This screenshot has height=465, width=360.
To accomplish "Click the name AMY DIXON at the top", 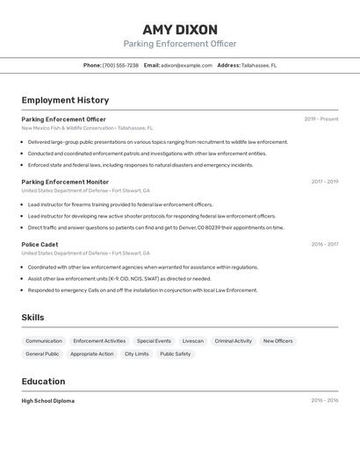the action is coord(179,29).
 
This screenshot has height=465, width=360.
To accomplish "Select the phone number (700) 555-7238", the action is coord(120,65).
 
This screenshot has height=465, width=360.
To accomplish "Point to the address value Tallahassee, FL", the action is coord(259,65).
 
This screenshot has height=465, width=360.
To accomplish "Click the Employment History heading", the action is coord(65,100).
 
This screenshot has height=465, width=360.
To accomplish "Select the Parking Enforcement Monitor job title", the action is coord(65,182).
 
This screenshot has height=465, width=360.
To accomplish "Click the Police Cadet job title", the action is coord(40,245).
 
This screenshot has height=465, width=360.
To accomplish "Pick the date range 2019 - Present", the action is coord(320,119).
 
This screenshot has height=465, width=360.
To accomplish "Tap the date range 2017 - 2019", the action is coord(324,182).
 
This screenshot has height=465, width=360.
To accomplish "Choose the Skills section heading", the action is coord(32,318).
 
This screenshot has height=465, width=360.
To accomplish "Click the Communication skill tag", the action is coord(44,340).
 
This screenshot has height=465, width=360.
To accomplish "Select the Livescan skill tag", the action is coord(192,340).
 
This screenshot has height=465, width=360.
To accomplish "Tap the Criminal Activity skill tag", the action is coord(233,340).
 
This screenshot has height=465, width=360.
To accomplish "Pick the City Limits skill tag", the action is coord(136,354).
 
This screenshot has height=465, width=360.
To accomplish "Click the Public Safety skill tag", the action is coord(175,354).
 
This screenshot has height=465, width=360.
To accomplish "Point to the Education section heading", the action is coord(43,382).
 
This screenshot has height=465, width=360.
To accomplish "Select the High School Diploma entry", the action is coord(48,401).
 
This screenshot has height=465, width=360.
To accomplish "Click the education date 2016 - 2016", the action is coord(324,401).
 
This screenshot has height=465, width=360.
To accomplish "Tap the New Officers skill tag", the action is coord(278,340).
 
